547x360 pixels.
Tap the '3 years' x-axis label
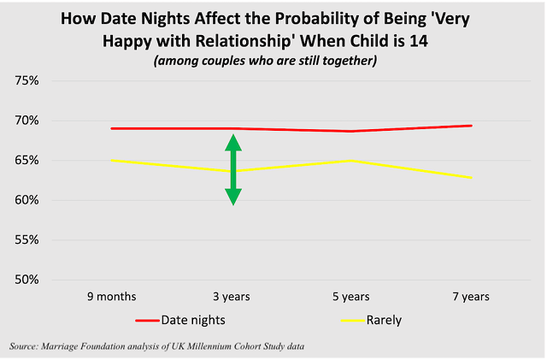232,297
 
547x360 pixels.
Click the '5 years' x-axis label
351,297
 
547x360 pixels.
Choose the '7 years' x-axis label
471,297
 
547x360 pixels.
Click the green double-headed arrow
232,171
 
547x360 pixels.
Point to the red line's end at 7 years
472,126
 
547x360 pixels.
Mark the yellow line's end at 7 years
472,177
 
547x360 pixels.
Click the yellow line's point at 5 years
352,160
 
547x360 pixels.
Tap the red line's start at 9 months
112,128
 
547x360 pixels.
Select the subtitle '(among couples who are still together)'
273,61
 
